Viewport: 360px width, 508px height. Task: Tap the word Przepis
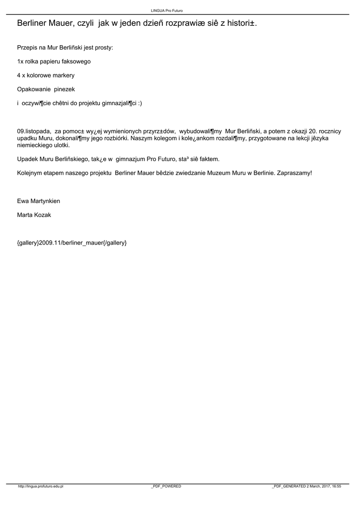[27, 48]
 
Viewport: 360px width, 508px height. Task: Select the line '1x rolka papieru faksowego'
[54, 62]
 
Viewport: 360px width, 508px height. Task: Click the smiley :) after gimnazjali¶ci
[140, 104]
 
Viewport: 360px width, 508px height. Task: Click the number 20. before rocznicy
[313, 131]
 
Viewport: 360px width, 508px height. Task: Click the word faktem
[209, 159]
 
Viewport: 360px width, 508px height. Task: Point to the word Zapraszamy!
[295, 173]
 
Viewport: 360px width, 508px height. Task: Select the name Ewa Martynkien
[39, 201]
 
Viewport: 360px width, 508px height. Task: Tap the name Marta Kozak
[34, 215]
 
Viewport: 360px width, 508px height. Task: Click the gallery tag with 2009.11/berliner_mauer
[72, 243]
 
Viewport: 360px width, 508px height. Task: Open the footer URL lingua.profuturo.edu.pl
[41, 487]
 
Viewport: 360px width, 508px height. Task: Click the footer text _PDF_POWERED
[166, 487]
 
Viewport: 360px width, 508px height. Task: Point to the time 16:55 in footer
[336, 487]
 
